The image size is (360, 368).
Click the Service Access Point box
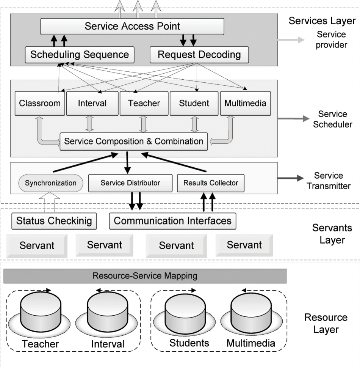coord(132,26)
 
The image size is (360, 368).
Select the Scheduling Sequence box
coord(80,54)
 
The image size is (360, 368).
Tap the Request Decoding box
coord(199,54)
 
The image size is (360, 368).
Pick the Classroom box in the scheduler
coord(40,103)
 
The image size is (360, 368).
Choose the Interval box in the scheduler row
coord(92,103)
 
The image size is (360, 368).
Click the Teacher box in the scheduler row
coord(144,103)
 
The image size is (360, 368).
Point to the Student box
coord(194,103)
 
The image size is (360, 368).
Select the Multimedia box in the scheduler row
coord(246,103)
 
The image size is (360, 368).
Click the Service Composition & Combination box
coord(134,141)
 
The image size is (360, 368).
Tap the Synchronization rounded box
coord(51,183)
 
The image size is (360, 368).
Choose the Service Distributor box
coord(130,183)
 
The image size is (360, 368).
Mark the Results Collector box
coord(211,183)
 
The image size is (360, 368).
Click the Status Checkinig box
coord(54,221)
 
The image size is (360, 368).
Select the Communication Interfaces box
coord(172,221)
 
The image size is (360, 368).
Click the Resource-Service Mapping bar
coord(145,276)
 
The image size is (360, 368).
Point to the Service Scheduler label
coord(332,119)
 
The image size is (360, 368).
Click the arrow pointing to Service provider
coord(291,39)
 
